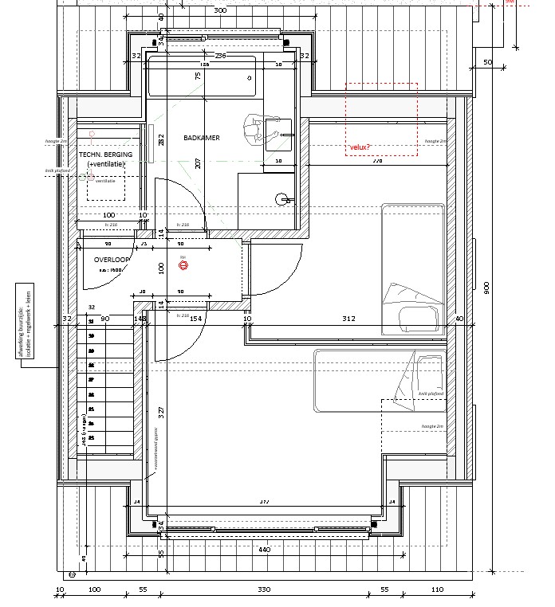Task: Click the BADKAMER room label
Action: pos(201,138)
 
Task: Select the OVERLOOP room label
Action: pos(112,260)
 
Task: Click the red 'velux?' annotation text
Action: pos(360,147)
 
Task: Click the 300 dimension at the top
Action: pos(221,10)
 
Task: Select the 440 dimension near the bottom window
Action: pos(265,550)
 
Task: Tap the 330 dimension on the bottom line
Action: pos(264,589)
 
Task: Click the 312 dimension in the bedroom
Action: pos(348,319)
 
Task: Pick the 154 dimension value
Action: pos(196,319)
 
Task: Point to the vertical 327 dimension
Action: pos(161,412)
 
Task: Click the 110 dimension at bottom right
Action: pos(436,589)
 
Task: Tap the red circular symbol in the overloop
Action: pos(183,266)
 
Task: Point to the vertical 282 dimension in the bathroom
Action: pos(161,142)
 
